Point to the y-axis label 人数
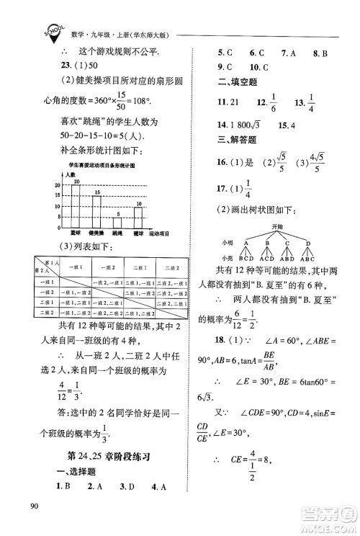(69, 175)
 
